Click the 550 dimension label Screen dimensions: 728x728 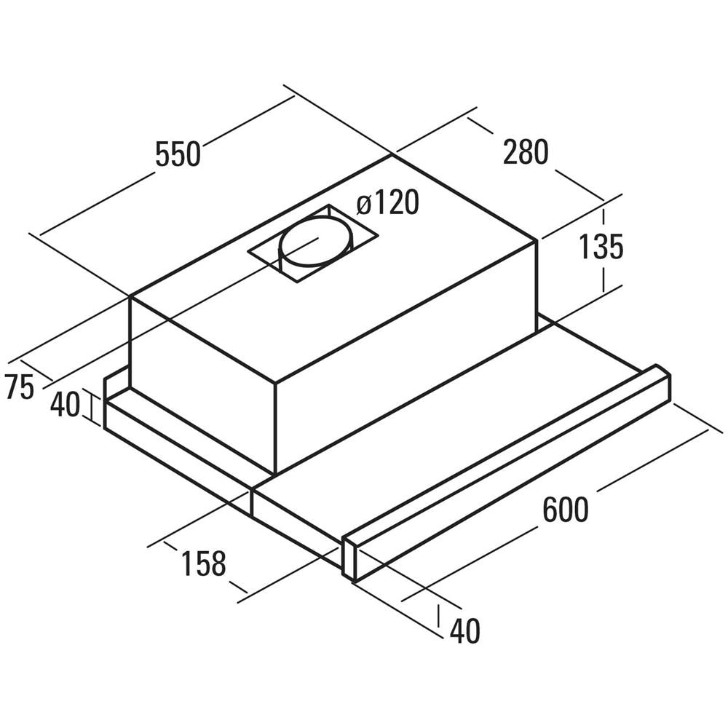pyautogui.click(x=178, y=154)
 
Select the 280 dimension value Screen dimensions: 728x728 pyautogui.click(x=526, y=152)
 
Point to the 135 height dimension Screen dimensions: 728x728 pyautogui.click(x=601, y=247)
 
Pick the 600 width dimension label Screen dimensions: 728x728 pyautogui.click(x=566, y=510)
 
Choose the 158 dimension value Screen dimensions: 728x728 pyautogui.click(x=203, y=563)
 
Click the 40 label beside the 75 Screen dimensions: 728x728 pyautogui.click(x=65, y=404)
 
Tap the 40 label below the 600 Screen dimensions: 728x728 pyautogui.click(x=464, y=630)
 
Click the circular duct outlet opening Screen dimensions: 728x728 pyautogui.click(x=316, y=241)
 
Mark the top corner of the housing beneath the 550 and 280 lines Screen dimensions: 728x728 pyautogui.click(x=393, y=154)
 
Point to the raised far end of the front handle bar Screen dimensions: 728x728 pyautogui.click(x=657, y=381)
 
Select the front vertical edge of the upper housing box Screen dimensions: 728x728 pyautogui.click(x=276, y=429)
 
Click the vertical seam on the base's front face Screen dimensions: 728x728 pyautogui.click(x=251, y=502)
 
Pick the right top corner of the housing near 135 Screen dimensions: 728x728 pyautogui.click(x=537, y=240)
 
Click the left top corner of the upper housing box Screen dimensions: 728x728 pyautogui.click(x=130, y=296)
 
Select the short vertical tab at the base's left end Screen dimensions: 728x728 pyautogui.click(x=105, y=389)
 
